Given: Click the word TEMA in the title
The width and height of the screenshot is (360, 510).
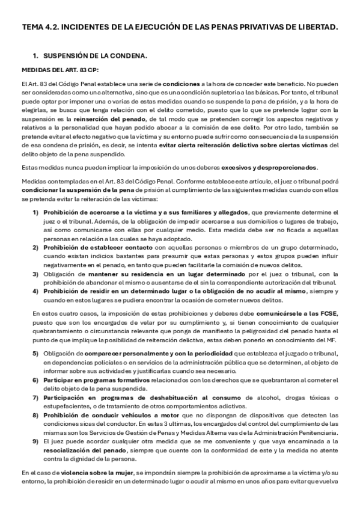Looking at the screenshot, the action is pos(32,27).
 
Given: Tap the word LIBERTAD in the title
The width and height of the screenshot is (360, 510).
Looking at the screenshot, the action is pos(317,27).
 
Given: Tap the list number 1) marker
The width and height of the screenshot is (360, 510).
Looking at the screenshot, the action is pos(35,212).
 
